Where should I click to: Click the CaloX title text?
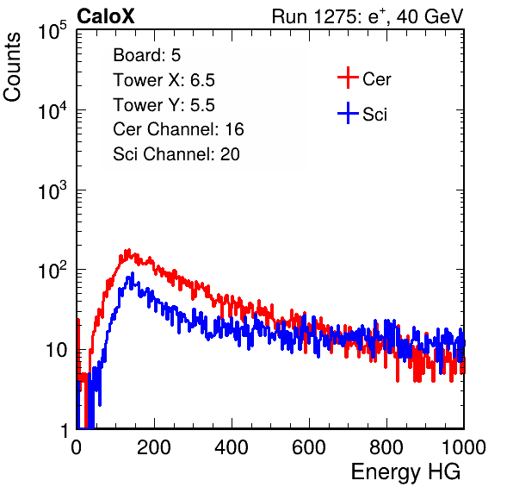105,16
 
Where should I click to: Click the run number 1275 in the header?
334,16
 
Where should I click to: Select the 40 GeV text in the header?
430,16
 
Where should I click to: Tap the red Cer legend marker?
348,78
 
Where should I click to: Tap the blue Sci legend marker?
348,113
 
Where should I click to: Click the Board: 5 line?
147,55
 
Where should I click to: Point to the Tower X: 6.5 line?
164,80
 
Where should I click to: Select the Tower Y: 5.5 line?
164,105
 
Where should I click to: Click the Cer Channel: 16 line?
179,129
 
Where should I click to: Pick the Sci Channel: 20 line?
176,154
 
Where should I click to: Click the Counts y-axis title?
12,67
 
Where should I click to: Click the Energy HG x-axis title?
405,471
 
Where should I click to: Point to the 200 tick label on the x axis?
154,447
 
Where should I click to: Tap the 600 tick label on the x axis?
309,447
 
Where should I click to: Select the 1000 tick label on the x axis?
464,447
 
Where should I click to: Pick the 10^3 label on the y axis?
53,190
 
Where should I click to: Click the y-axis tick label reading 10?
56,350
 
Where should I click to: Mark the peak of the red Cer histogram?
128,250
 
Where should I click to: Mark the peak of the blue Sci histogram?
133,273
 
